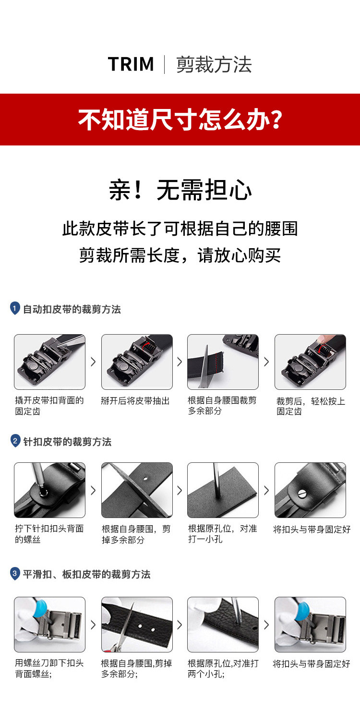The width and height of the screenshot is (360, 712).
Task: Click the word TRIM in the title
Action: point(131,64)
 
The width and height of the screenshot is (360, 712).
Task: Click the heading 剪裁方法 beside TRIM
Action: point(214,64)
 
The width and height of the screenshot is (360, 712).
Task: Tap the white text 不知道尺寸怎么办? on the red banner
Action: point(180,120)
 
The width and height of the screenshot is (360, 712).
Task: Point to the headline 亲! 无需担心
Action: point(180,190)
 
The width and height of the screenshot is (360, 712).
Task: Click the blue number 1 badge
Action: point(14,308)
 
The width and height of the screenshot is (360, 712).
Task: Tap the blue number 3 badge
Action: point(15,573)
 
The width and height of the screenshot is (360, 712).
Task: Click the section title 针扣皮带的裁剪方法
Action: point(67,442)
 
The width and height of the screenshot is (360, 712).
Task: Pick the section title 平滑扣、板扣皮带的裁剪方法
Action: point(86,574)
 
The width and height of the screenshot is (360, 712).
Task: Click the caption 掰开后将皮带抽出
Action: point(135,401)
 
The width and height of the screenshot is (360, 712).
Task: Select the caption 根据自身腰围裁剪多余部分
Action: point(222,405)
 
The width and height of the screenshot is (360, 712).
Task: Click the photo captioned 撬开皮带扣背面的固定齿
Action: point(49,362)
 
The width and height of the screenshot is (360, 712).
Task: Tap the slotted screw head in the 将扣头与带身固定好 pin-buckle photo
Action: point(301,494)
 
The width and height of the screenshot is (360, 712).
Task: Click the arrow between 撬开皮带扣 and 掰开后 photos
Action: point(93,362)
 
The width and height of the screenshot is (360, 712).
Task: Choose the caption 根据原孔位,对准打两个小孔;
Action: point(223,668)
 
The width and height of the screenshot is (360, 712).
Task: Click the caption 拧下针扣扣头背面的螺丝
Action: point(49,534)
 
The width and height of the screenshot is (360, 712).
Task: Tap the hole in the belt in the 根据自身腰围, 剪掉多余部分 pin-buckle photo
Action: point(145,478)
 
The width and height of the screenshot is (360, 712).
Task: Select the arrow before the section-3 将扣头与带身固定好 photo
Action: point(266,625)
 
